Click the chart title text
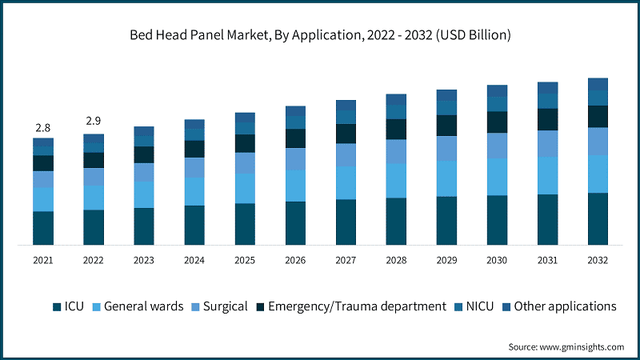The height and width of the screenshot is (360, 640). pos(320,35)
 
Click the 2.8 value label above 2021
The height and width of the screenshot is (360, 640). pos(43,127)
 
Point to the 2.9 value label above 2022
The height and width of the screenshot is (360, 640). pos(94,122)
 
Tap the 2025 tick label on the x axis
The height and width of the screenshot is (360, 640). pos(245,260)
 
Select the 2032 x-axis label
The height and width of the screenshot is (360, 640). pos(598,260)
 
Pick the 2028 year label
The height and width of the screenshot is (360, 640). pos(396,260)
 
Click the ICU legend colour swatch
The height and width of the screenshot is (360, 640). pos(57,306)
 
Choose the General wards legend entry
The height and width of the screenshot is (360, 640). pos(137,306)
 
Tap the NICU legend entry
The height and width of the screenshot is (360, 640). pos(478,306)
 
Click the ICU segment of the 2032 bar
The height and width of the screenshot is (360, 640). pos(598,218)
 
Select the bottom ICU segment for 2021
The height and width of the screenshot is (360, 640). pos(43,228)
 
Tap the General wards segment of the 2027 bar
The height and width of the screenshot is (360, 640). pos(346,183)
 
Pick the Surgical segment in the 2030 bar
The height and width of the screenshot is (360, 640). pos(497,146)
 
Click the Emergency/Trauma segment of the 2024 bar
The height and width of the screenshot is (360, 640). pos(194,149)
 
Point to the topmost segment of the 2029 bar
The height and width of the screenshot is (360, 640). pos(446,95)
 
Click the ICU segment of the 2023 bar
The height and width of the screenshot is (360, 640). pos(144,226)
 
